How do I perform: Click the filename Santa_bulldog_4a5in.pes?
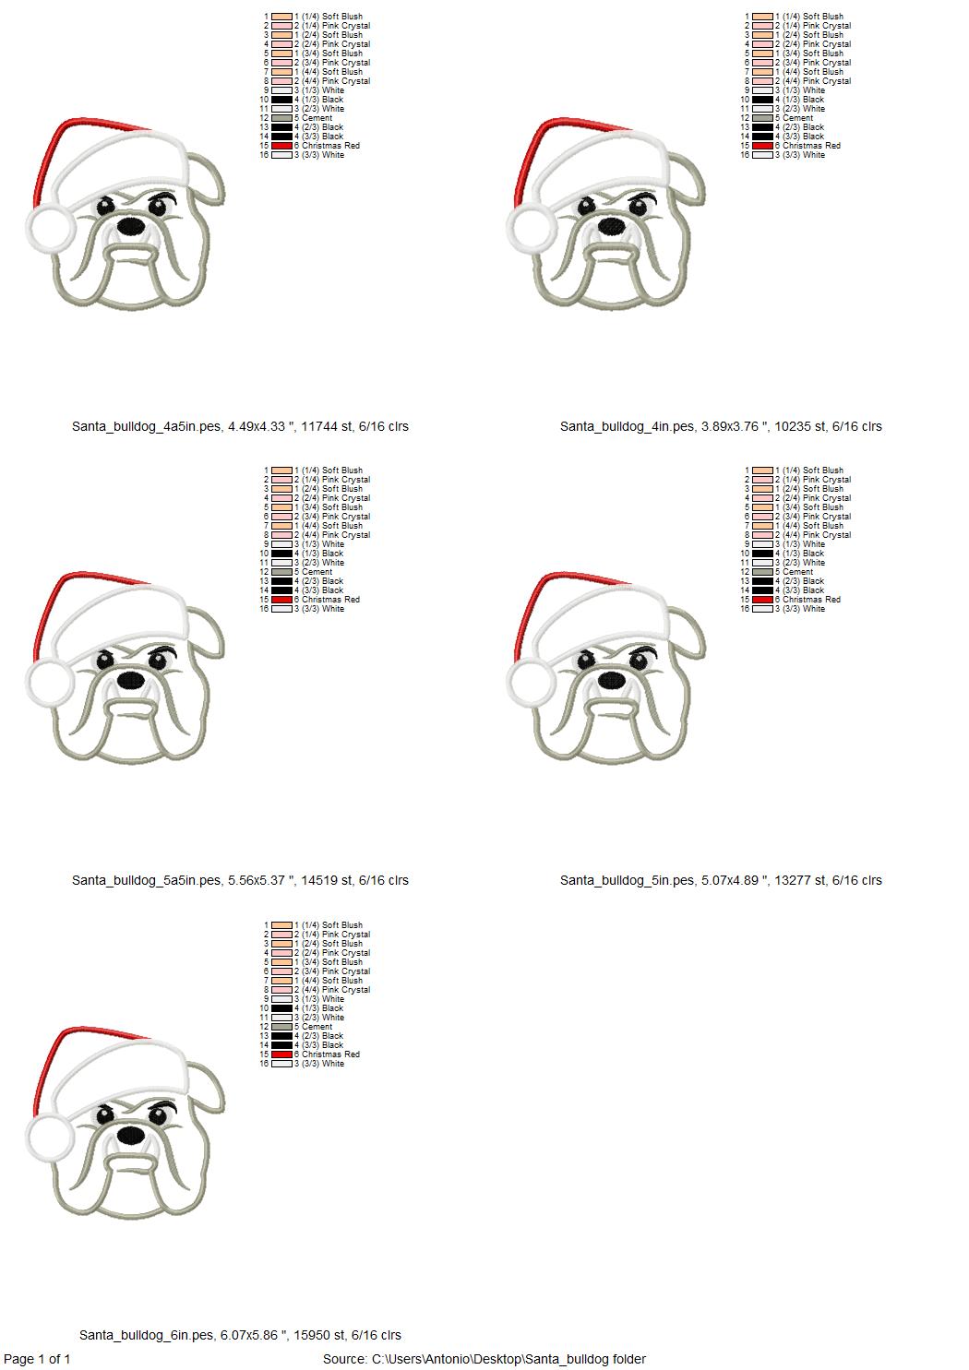[146, 426]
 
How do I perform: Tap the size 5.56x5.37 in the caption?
[257, 880]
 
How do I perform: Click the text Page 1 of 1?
[37, 1359]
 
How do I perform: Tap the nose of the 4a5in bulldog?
[131, 227]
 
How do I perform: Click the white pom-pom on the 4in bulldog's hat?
[531, 229]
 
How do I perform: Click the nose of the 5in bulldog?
[612, 680]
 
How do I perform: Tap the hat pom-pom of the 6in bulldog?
[50, 1138]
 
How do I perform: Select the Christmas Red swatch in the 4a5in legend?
[281, 146]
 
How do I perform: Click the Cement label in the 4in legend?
[797, 118]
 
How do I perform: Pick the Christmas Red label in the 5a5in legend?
[330, 600]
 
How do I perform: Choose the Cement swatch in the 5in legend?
[762, 572]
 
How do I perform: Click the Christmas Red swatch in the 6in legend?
[281, 1054]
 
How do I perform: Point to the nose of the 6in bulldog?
[131, 1136]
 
